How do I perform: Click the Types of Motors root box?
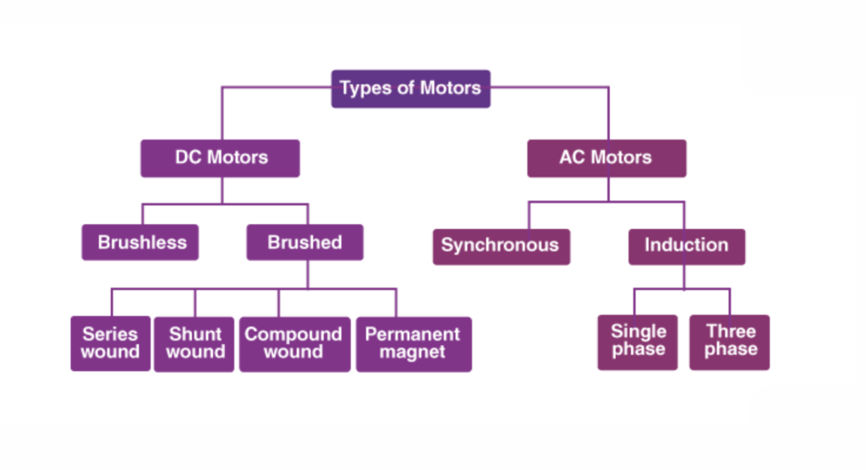coord(410,89)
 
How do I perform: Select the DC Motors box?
coord(220,158)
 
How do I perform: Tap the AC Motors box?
coord(606,158)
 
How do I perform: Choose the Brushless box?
coord(140,243)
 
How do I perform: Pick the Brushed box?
coord(305,243)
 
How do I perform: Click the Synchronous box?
coord(501,246)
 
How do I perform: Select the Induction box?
coord(686,246)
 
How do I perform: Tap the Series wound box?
coord(111,343)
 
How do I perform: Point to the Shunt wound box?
coord(195,343)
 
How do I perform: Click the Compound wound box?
coord(293,343)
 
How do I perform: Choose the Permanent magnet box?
coord(413,343)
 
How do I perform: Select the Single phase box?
coord(639,342)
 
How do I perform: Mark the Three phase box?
coord(730,342)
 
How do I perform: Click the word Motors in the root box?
coord(448,88)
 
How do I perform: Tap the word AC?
coord(573,157)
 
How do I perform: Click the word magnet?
coord(413,352)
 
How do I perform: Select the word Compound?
coord(293,334)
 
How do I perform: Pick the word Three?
coord(731,331)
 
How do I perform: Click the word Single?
coord(639,331)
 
